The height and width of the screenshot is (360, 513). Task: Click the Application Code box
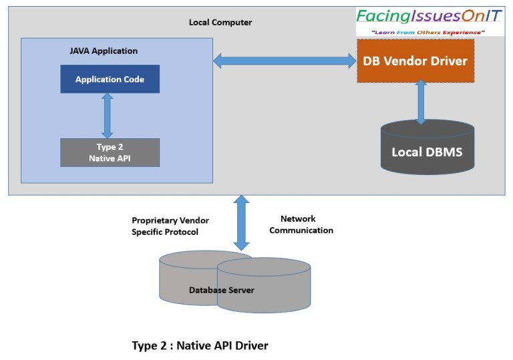(110, 79)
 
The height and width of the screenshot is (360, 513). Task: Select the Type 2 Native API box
(110, 152)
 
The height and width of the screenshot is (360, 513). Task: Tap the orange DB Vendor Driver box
(415, 61)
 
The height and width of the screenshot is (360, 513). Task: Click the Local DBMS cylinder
(427, 151)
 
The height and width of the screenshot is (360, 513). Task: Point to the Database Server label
(221, 290)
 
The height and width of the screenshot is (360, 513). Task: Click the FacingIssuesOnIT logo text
(430, 16)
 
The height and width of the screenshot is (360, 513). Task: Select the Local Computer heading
(220, 22)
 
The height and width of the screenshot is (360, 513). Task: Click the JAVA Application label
(104, 51)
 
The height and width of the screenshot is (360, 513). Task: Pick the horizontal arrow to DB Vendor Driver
(285, 61)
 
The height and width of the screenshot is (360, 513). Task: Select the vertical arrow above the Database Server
(241, 222)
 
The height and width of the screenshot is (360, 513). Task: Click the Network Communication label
(306, 224)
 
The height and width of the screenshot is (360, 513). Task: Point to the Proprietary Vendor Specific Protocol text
(165, 226)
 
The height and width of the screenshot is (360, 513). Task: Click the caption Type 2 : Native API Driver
(200, 345)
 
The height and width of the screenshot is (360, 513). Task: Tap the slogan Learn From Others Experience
(429, 31)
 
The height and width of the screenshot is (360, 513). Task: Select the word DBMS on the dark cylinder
(444, 152)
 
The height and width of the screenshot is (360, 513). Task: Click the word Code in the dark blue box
(132, 79)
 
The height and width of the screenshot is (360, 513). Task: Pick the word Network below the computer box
(298, 218)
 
